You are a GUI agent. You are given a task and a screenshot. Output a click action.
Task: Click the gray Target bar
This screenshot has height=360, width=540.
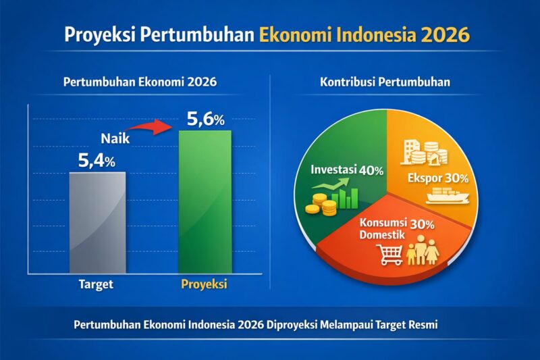97,223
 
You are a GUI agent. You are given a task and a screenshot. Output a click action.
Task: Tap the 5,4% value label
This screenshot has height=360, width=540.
97,161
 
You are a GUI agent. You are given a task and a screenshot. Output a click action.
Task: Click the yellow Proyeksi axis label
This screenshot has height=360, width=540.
205,284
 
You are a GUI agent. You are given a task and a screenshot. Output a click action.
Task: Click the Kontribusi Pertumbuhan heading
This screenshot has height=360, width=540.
385,83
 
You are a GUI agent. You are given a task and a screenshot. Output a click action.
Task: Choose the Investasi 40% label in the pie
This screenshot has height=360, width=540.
347,170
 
